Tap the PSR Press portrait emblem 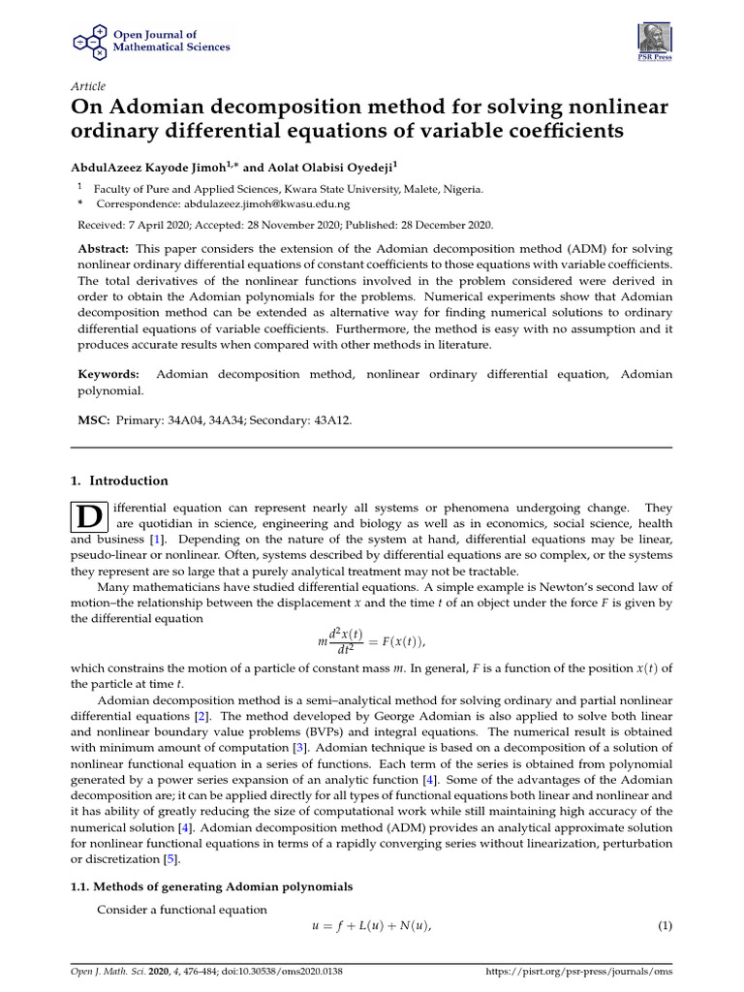(653, 38)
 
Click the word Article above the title (89, 86)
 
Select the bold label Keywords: (108, 374)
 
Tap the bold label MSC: (93, 419)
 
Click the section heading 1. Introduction (120, 480)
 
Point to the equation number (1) (665, 925)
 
